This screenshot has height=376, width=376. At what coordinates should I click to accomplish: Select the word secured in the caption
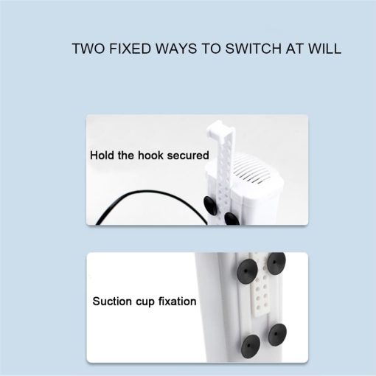click(x=188, y=156)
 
